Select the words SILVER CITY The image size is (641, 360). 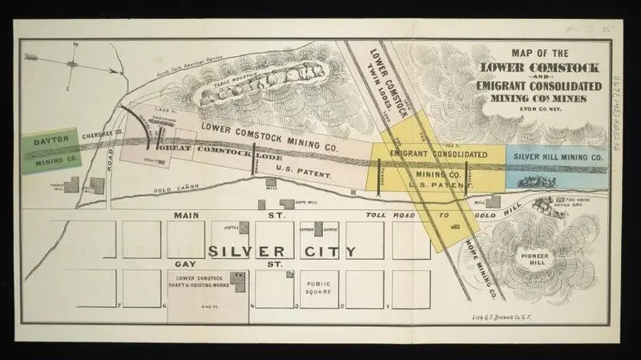click(282, 251)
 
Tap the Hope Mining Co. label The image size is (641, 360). click(481, 261)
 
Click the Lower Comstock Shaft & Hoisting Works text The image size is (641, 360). click(198, 281)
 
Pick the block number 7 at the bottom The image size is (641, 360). click(118, 305)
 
